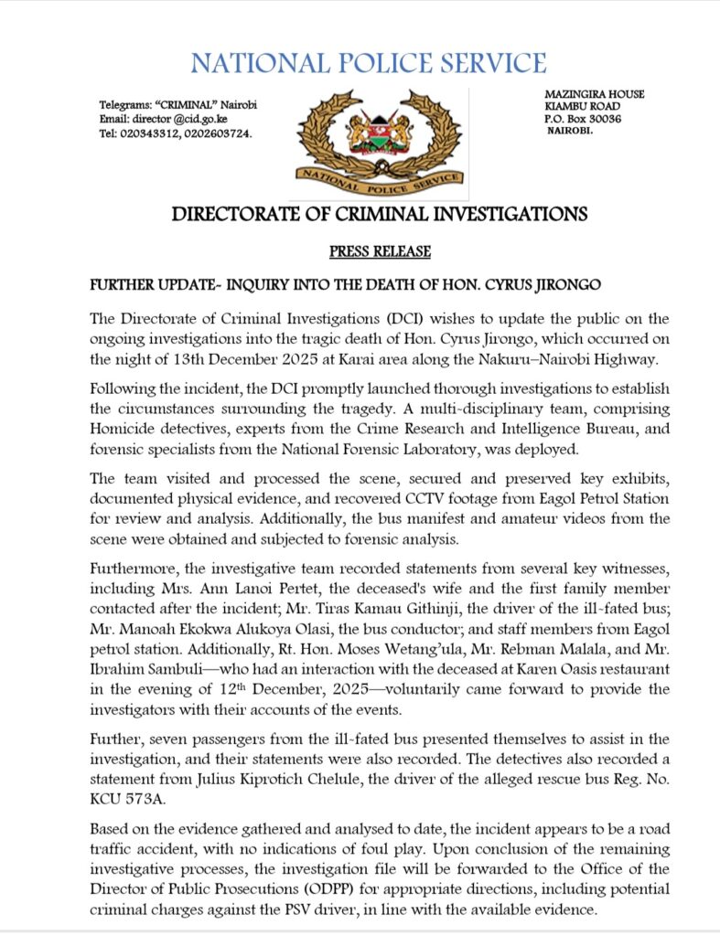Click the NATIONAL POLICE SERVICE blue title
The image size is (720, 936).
point(369,63)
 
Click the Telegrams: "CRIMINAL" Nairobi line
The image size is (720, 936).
point(177,105)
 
